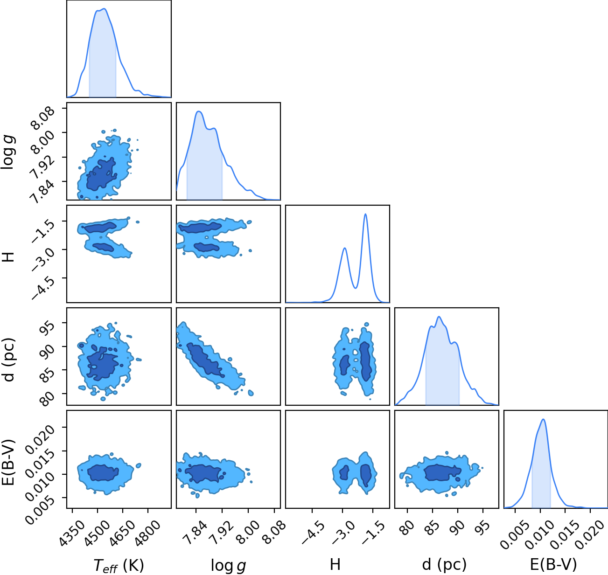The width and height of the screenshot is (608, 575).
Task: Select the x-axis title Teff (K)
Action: click(x=119, y=565)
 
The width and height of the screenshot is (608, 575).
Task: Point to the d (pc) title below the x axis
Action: click(x=444, y=564)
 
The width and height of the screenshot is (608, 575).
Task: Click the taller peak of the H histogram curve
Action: click(x=365, y=214)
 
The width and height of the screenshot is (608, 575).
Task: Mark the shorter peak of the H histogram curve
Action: click(x=344, y=248)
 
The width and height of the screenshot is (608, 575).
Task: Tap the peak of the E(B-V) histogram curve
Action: click(x=543, y=420)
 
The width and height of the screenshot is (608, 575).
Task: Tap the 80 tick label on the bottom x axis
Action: click(x=407, y=527)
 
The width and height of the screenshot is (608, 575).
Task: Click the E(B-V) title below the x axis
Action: click(x=553, y=564)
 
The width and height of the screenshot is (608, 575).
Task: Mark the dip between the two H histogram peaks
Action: click(x=356, y=288)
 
